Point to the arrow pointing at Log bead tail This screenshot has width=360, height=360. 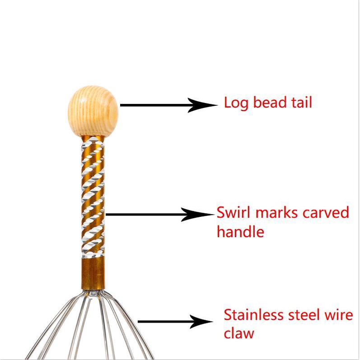point(167,105)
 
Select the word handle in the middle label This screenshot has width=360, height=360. point(240,232)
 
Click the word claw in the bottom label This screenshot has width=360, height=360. point(238,334)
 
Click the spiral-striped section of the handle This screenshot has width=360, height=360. point(93,199)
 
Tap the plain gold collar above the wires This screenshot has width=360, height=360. point(93,274)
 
